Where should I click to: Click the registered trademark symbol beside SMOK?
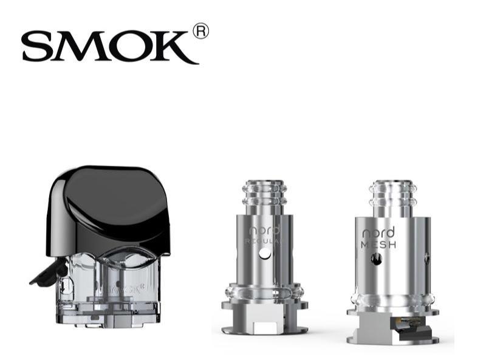pos(200,31)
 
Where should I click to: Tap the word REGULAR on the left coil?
pos(262,242)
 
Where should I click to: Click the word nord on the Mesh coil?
pos(378,233)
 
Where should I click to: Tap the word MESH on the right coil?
pos(378,245)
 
